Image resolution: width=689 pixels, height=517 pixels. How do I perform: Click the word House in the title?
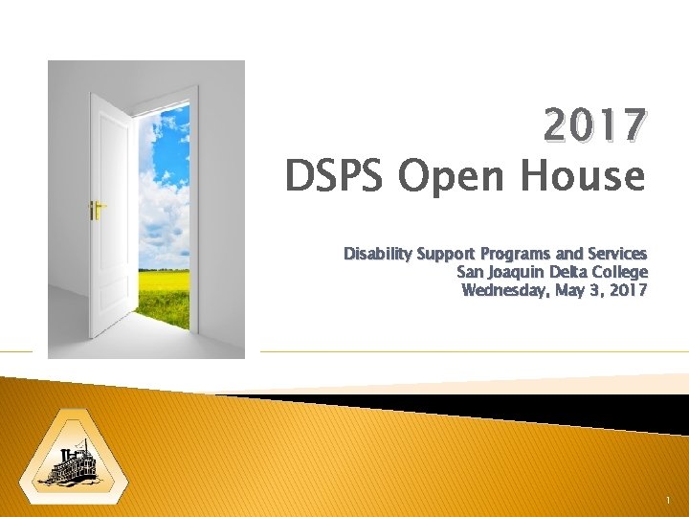(x=584, y=176)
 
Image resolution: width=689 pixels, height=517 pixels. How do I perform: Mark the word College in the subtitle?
(x=621, y=272)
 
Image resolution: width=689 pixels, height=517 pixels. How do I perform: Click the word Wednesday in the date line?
(x=505, y=290)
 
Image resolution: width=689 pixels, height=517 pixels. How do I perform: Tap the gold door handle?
(x=96, y=206)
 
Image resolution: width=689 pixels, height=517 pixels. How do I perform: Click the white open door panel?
(x=113, y=211)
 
